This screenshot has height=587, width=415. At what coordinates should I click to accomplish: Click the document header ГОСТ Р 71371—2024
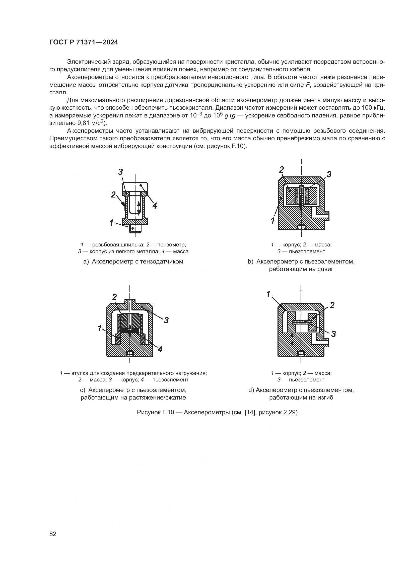(x=84, y=42)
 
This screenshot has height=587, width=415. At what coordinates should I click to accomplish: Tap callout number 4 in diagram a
(x=154, y=206)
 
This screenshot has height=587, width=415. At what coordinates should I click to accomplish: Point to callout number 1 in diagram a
(x=111, y=223)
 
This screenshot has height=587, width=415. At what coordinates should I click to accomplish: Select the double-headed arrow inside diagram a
(x=139, y=208)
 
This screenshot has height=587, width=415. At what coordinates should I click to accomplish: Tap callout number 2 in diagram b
(x=281, y=169)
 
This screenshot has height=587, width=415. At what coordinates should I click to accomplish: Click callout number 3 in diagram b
(x=329, y=174)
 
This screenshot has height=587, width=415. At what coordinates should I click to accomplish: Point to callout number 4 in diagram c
(x=160, y=349)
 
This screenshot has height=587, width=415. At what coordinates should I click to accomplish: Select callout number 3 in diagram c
(x=166, y=320)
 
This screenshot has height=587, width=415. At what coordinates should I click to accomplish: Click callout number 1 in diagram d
(x=268, y=294)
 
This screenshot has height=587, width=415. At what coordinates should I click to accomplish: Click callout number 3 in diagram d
(x=333, y=334)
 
